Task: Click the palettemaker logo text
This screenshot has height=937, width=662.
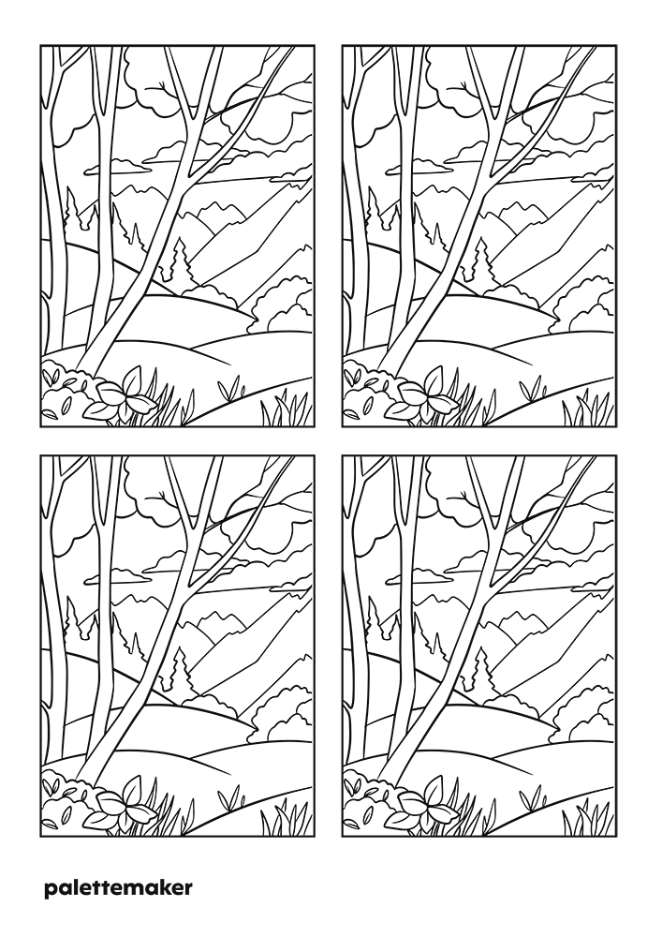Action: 118,888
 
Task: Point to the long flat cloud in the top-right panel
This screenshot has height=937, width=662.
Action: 419,167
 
